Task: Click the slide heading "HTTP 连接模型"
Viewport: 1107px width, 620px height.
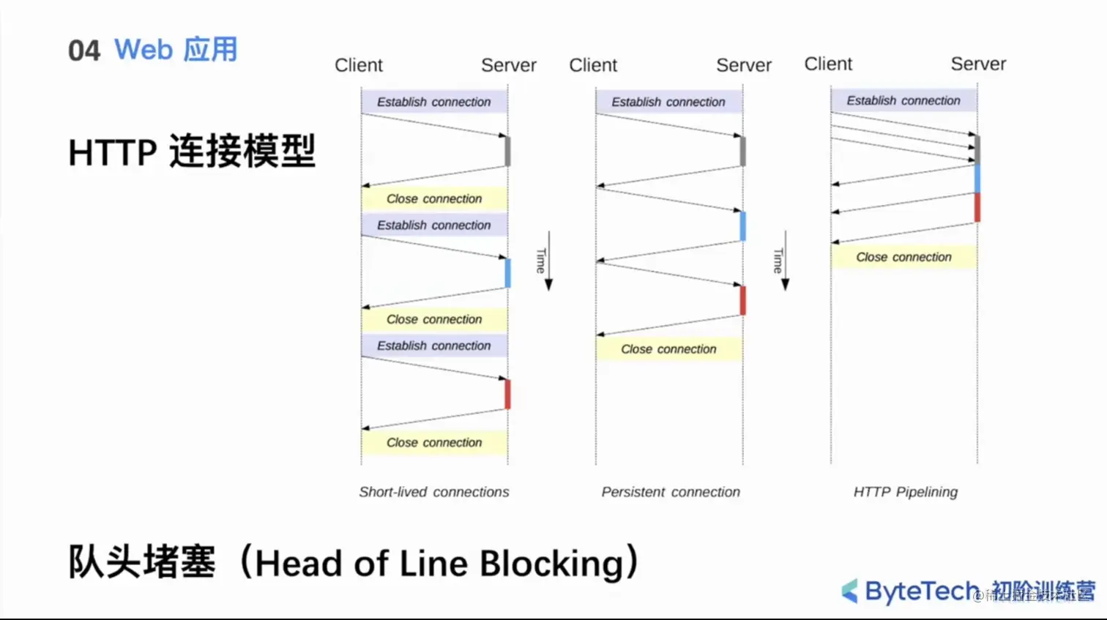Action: point(192,152)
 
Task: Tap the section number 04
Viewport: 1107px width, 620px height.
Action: point(83,51)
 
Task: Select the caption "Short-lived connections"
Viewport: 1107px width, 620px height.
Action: point(433,492)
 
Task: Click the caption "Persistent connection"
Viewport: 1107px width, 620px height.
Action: point(671,492)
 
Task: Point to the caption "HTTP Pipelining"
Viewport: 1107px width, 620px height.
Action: point(905,492)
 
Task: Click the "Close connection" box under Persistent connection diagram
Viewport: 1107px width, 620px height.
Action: point(668,349)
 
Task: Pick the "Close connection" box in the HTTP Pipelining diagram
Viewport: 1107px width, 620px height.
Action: point(903,257)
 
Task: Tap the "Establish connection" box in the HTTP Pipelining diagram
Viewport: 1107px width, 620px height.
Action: point(903,100)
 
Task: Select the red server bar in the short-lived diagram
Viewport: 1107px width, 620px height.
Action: point(507,395)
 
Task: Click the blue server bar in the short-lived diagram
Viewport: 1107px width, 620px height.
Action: point(507,273)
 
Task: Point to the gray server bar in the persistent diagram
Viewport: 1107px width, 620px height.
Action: point(742,152)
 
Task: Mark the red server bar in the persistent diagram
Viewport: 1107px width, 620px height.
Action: point(742,301)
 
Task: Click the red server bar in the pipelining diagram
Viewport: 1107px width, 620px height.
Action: point(977,207)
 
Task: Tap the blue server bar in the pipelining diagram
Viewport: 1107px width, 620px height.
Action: point(977,179)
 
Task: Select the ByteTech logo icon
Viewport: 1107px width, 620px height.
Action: point(850,591)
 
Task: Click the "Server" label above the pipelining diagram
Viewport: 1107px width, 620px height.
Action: point(978,64)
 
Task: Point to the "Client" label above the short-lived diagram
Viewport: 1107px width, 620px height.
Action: point(359,65)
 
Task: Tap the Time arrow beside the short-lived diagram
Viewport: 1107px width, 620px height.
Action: point(548,261)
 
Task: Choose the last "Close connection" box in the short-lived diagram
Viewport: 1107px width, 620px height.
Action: point(434,442)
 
